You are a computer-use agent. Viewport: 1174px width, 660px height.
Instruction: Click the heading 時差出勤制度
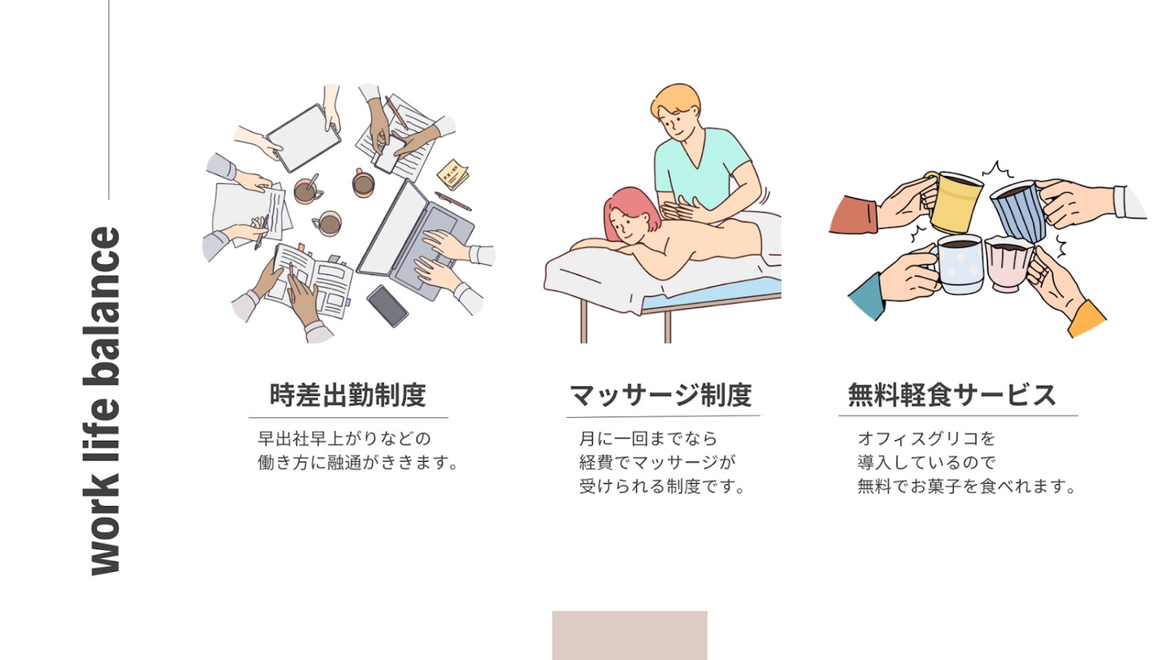click(x=347, y=395)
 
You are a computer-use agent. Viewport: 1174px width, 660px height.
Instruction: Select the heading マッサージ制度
click(x=660, y=395)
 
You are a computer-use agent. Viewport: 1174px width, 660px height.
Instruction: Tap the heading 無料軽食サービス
click(x=951, y=395)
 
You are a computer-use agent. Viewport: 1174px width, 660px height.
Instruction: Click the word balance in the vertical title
click(x=105, y=306)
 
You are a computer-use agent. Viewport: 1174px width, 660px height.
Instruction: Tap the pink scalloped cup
click(x=1008, y=263)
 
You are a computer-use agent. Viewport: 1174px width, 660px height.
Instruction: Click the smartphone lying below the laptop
click(x=387, y=306)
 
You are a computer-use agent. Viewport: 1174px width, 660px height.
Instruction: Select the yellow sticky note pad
click(x=452, y=174)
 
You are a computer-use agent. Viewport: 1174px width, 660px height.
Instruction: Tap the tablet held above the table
click(x=303, y=139)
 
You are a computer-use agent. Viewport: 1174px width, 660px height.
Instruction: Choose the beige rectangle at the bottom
click(x=629, y=636)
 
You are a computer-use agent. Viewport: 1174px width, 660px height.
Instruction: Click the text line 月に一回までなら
click(x=648, y=438)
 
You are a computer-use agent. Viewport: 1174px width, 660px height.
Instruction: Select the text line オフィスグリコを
click(x=926, y=438)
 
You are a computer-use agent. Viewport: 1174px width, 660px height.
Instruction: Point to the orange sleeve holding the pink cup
click(x=1087, y=319)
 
